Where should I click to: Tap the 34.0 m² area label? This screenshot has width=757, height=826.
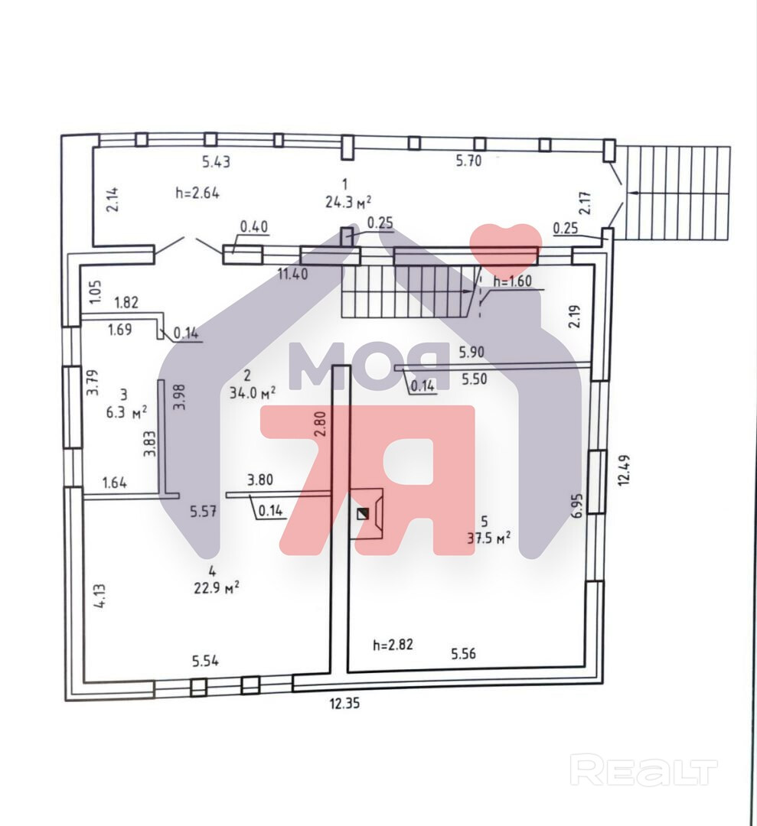(x=253, y=393)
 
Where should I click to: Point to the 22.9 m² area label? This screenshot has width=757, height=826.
(x=216, y=586)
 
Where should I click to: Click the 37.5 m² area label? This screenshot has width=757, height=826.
(x=489, y=538)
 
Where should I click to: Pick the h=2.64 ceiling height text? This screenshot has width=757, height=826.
(x=197, y=193)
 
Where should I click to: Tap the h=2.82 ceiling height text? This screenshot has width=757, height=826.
(x=393, y=645)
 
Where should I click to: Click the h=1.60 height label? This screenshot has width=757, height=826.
(x=512, y=281)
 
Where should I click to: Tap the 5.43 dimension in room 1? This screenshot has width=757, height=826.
(x=216, y=161)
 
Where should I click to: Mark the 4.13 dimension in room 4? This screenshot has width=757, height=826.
(x=99, y=597)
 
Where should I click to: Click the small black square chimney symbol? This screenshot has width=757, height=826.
(x=363, y=515)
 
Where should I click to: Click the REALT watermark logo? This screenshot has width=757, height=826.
(x=644, y=770)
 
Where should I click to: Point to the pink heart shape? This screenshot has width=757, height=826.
(x=505, y=249)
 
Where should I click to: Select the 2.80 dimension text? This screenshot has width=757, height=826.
(x=321, y=424)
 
